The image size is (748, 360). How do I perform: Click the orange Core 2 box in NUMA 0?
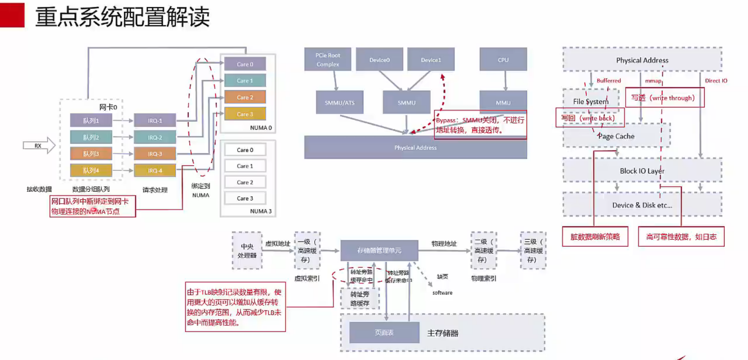click(x=245, y=97)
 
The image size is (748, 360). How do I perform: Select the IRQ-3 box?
click(x=155, y=154)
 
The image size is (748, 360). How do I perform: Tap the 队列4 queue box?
click(x=91, y=170)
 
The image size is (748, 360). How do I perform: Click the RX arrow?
click(x=39, y=146)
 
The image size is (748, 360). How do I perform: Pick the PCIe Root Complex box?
click(x=328, y=60)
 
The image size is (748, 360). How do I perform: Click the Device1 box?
click(x=431, y=60)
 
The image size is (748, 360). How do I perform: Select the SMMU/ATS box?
click(x=339, y=102)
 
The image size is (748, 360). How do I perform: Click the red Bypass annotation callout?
click(x=480, y=125)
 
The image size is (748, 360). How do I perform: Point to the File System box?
click(x=590, y=101)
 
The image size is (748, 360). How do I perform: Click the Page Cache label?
click(x=616, y=136)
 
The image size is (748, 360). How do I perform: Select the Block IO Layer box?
click(x=642, y=171)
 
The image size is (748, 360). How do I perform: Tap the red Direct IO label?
click(x=716, y=81)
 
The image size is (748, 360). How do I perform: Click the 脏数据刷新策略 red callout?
click(x=595, y=236)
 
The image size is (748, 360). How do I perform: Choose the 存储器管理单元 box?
click(x=379, y=250)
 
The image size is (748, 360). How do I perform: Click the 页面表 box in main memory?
click(x=384, y=332)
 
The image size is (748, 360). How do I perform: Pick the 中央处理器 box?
click(x=247, y=251)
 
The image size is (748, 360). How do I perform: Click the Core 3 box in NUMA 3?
click(x=245, y=198)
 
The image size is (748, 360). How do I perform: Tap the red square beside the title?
click(x=12, y=15)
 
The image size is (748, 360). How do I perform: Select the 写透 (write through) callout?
click(x=665, y=98)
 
